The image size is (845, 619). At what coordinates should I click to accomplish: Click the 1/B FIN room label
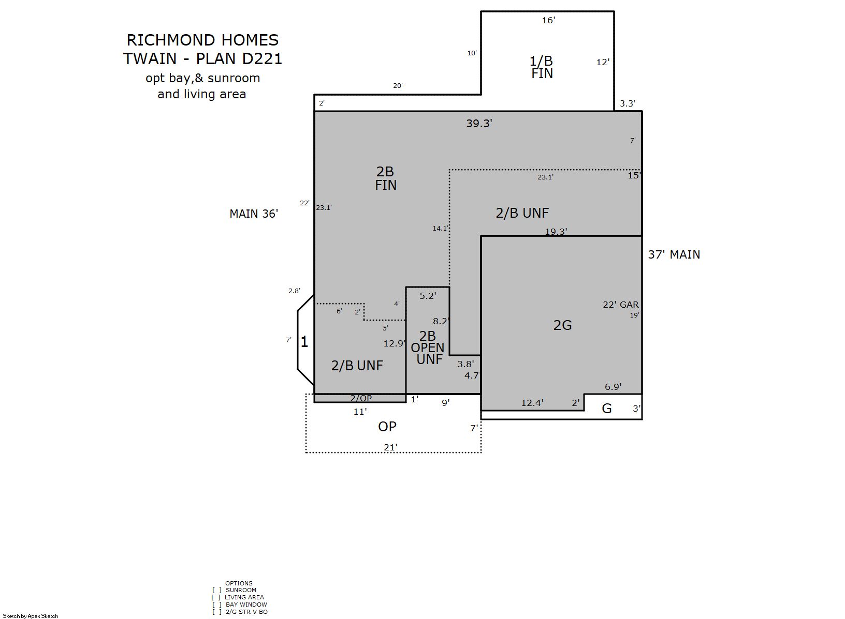(542, 67)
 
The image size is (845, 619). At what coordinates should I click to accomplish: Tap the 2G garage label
(562, 325)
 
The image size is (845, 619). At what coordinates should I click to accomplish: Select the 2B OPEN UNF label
(427, 348)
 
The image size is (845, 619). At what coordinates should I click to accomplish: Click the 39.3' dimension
(479, 123)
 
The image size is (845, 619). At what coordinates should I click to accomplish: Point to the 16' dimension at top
(548, 20)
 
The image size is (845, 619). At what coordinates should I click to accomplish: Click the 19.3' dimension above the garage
(556, 231)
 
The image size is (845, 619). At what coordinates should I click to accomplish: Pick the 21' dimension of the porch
(391, 447)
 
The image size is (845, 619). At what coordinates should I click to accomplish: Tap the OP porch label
(387, 427)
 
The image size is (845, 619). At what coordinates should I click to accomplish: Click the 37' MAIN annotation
(674, 254)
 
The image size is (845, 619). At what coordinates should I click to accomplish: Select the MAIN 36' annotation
(254, 214)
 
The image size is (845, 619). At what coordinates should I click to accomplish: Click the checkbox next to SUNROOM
(216, 590)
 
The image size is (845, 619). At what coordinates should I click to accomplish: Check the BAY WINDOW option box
(217, 605)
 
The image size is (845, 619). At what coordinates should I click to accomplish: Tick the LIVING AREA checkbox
(216, 597)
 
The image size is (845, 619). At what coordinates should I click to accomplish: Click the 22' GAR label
(620, 305)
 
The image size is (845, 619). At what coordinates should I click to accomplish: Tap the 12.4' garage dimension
(532, 403)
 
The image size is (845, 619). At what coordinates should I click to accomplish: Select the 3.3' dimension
(628, 103)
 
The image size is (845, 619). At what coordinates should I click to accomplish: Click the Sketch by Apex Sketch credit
(31, 616)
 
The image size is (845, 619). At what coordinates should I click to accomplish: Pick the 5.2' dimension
(428, 296)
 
